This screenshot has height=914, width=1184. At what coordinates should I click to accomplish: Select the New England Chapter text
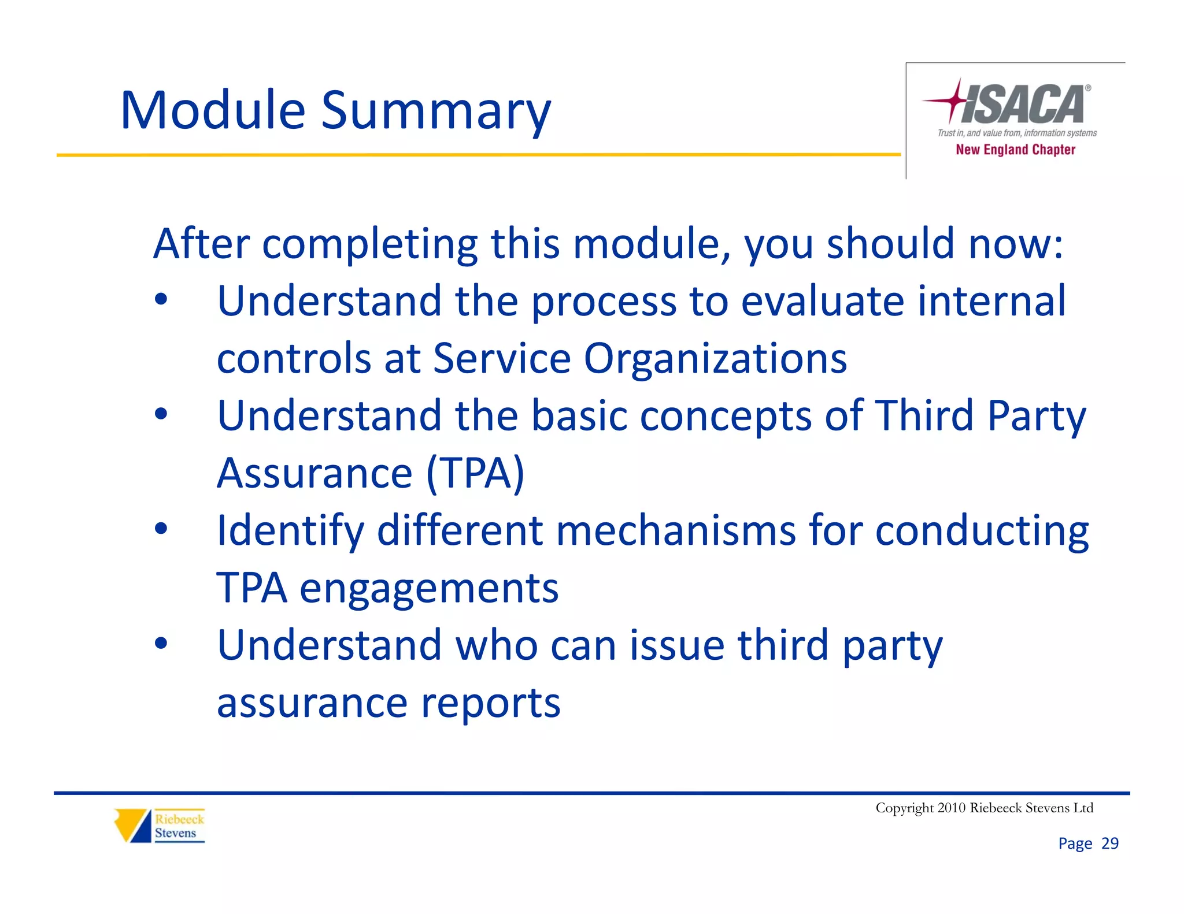click(x=1015, y=150)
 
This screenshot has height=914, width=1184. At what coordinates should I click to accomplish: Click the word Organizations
click(x=715, y=359)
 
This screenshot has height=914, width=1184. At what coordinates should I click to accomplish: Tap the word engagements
click(x=428, y=588)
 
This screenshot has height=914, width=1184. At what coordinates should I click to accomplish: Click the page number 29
click(x=1110, y=844)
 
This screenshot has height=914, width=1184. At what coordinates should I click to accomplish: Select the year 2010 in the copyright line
click(x=952, y=808)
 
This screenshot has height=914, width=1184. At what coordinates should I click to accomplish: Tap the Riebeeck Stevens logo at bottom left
click(x=160, y=826)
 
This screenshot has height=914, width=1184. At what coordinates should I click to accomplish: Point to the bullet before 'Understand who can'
click(x=161, y=643)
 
